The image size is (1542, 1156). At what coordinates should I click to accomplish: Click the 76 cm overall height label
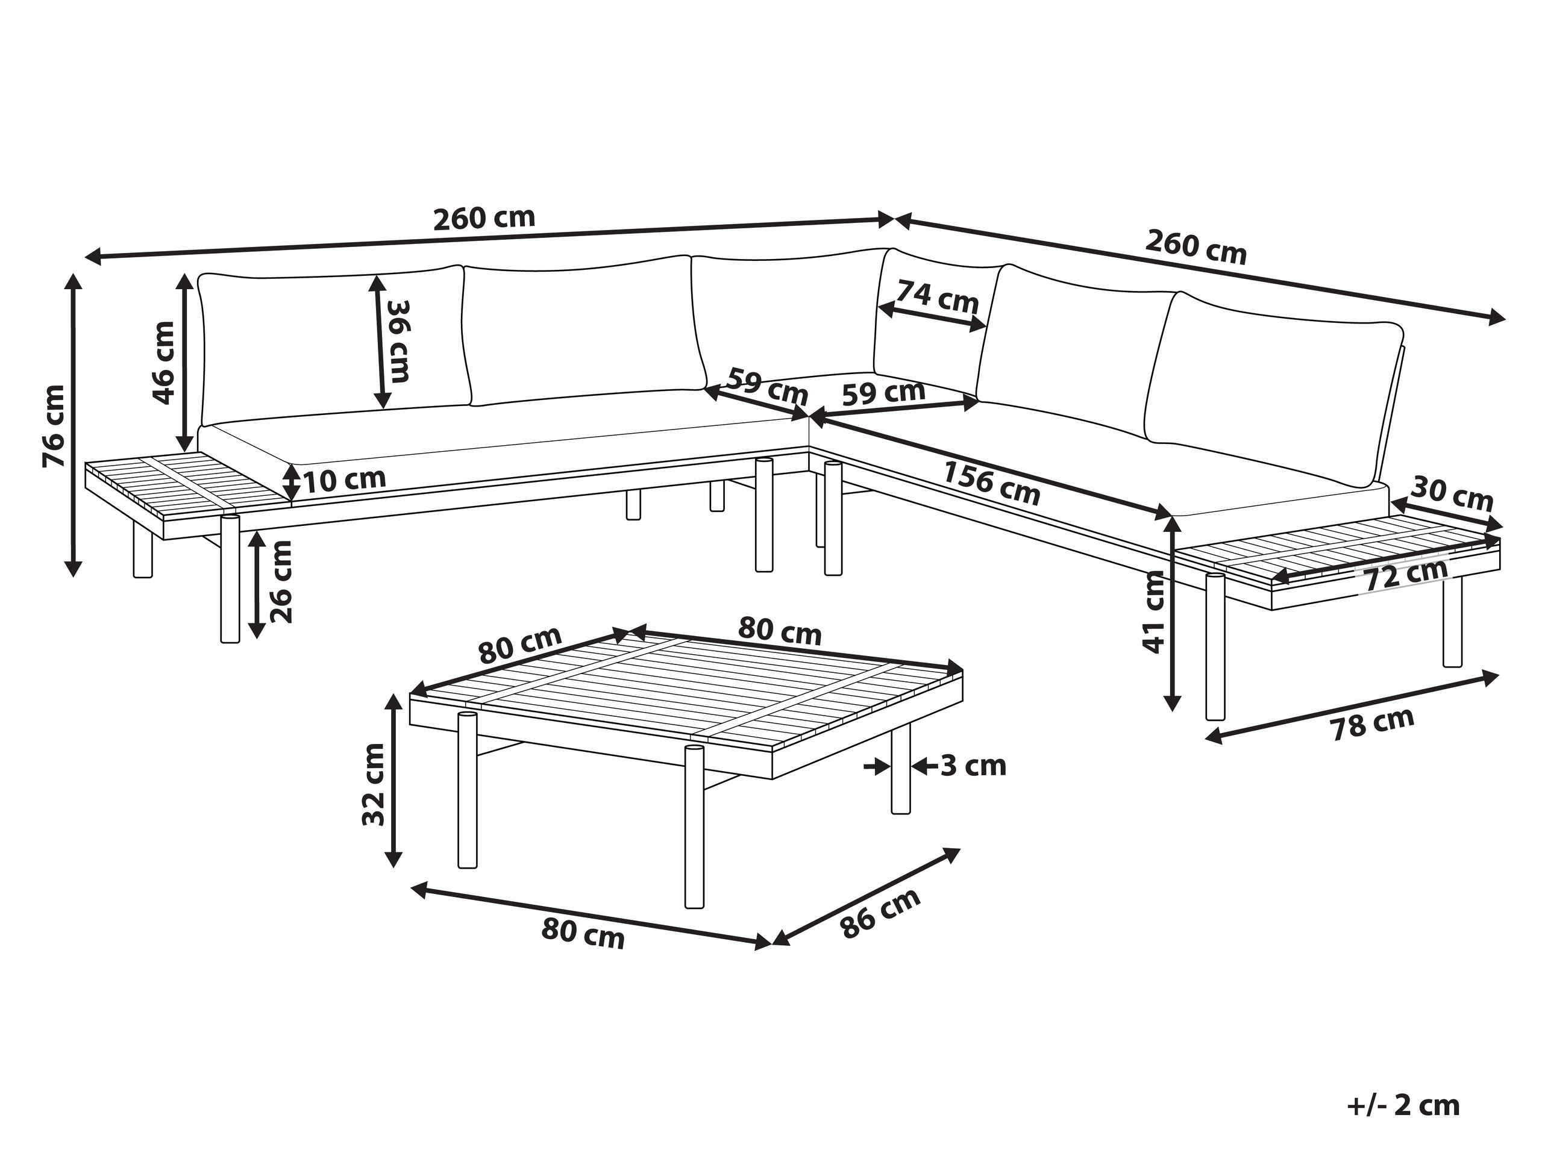pos(54,426)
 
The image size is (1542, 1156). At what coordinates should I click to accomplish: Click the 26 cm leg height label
pos(280,582)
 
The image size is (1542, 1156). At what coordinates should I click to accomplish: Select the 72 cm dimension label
pos(1406,575)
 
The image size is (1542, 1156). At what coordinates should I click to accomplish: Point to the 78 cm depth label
pos(1372,725)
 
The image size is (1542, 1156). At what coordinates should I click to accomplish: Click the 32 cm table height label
pos(374,784)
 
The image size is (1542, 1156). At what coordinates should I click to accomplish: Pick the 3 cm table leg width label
pos(974,766)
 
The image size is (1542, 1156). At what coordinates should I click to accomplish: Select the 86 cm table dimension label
pos(880,913)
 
